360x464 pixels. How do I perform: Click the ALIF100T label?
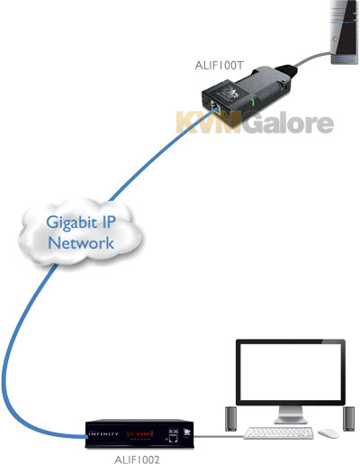pyautogui.click(x=219, y=66)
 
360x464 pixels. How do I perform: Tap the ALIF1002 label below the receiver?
pyautogui.click(x=137, y=459)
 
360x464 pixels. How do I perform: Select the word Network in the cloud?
pyautogui.click(x=81, y=243)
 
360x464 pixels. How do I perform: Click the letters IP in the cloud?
pyautogui.click(x=107, y=222)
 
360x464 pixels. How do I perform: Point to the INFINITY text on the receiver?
pyautogui.click(x=103, y=434)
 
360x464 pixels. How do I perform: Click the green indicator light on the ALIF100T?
pyautogui.click(x=253, y=103)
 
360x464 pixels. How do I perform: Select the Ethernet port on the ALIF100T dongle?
pyautogui.click(x=215, y=107)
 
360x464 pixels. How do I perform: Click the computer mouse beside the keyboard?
pyautogui.click(x=328, y=433)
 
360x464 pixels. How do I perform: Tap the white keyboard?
pyautogui.click(x=279, y=433)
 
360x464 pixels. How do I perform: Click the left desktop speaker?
pyautogui.click(x=230, y=419)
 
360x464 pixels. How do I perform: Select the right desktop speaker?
pyautogui.click(x=349, y=419)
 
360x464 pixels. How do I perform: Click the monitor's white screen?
pyautogui.click(x=291, y=372)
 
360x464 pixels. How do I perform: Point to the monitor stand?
pyautogui.click(x=291, y=414)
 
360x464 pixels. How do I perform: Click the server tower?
pyautogui.click(x=345, y=32)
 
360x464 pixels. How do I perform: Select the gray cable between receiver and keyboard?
pyautogui.click(x=219, y=436)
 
